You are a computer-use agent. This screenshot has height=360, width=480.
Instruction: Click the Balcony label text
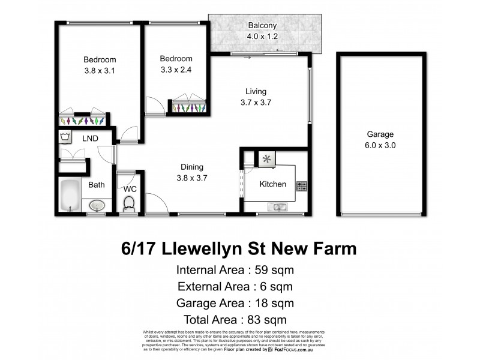coord(262,26)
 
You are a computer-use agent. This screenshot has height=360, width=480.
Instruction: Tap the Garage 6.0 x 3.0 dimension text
coord(381,145)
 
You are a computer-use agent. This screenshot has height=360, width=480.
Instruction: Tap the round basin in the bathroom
coord(97,206)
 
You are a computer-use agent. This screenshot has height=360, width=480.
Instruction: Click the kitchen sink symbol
coord(277,207)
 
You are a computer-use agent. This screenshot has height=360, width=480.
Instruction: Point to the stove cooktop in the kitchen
coord(302,186)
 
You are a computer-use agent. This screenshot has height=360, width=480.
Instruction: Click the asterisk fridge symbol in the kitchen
coord(267,159)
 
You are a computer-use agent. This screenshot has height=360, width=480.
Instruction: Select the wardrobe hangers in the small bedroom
coord(189,109)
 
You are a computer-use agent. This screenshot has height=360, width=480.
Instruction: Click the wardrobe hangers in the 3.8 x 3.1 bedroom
coord(83,121)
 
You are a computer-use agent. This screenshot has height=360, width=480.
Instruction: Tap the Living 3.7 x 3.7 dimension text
coord(256,102)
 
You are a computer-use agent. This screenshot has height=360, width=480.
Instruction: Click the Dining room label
coord(191,167)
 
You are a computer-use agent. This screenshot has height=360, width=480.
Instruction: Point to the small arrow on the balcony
coord(280,50)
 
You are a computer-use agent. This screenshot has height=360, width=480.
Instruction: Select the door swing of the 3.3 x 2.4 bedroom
coord(155,106)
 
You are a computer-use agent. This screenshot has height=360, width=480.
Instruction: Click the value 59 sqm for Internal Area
coord(277,269)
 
